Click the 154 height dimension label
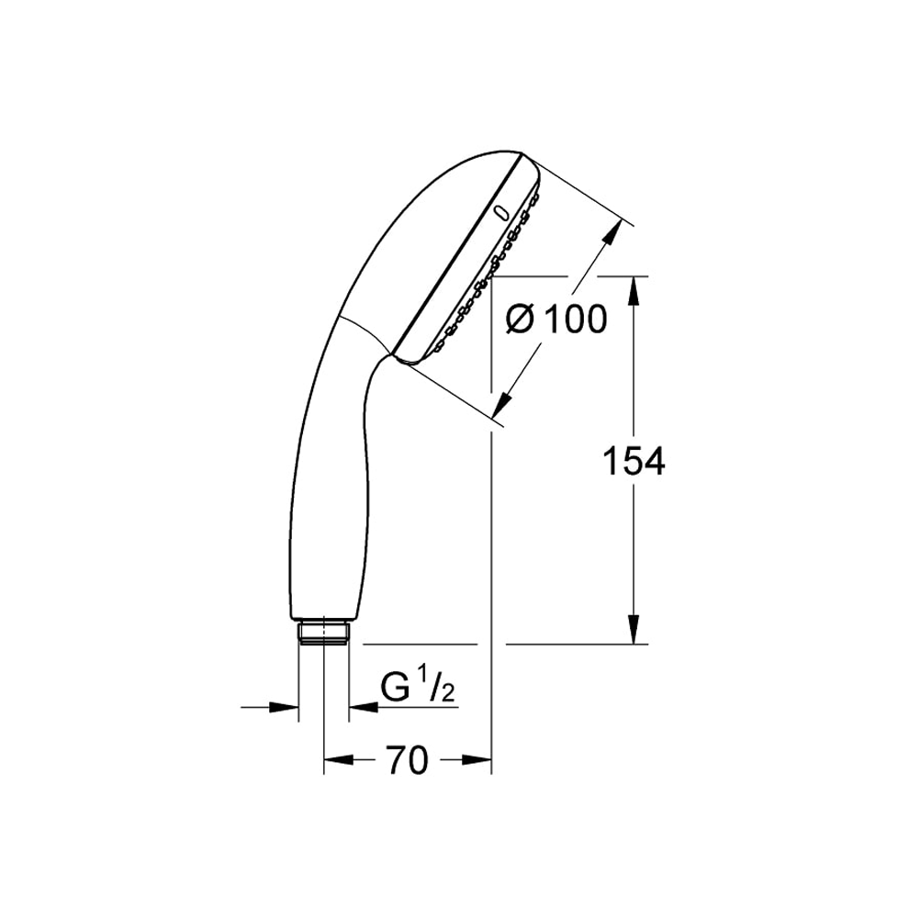coord(634,462)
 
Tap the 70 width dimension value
coord(408,760)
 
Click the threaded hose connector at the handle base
coord(323,632)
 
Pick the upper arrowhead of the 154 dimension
coord(634,291)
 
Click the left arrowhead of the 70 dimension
coord(339,760)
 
